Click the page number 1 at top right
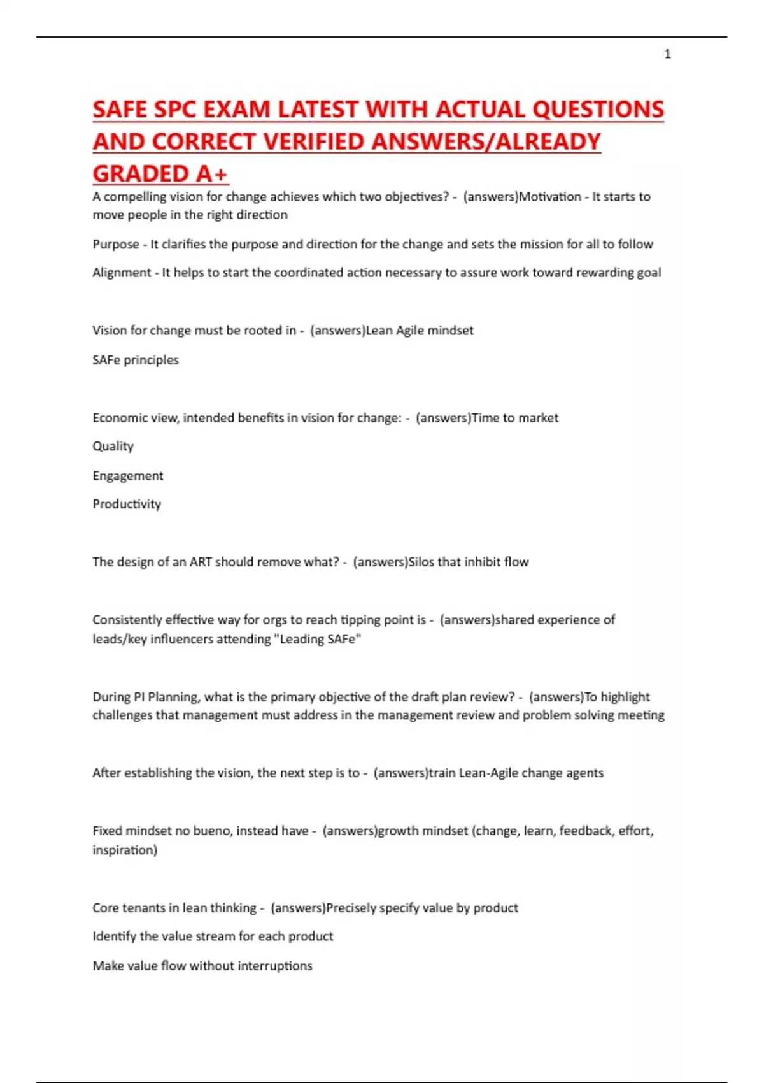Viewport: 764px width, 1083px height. click(667, 54)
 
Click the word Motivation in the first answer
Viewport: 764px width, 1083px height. click(549, 197)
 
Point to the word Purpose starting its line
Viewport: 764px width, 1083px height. click(115, 244)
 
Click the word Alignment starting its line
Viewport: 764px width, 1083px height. click(122, 273)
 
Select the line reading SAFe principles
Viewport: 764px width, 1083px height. click(136, 360)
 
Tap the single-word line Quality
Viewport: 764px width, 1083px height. click(113, 446)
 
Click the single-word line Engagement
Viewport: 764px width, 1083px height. click(127, 475)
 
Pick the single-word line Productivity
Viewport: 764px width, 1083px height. click(127, 504)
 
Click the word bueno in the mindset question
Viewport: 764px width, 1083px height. click(211, 831)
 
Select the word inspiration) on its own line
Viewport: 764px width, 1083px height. click(125, 850)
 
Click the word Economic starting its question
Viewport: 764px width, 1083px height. click(118, 418)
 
